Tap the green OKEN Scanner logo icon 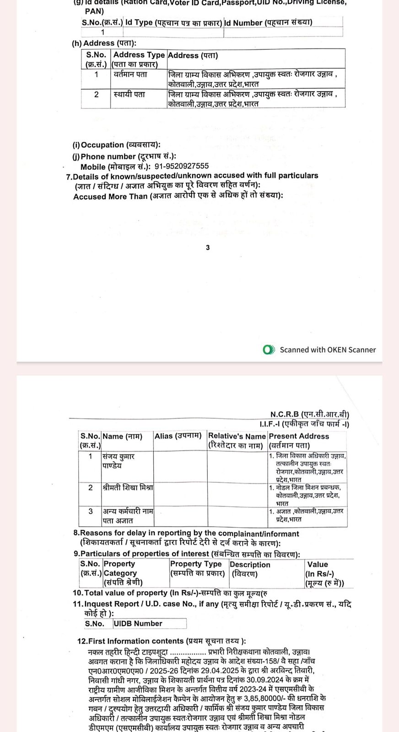pos(269,350)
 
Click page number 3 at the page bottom pos(208,248)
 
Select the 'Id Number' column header pos(268,22)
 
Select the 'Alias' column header pos(178,436)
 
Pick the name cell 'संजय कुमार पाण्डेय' pos(119,461)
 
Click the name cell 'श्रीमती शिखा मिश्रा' pos(128,487)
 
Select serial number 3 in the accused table pos(91,511)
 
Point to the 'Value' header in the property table pos(318,565)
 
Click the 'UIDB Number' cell pos(138,624)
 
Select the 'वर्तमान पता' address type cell pos(130,74)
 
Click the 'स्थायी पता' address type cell pos(129,94)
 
